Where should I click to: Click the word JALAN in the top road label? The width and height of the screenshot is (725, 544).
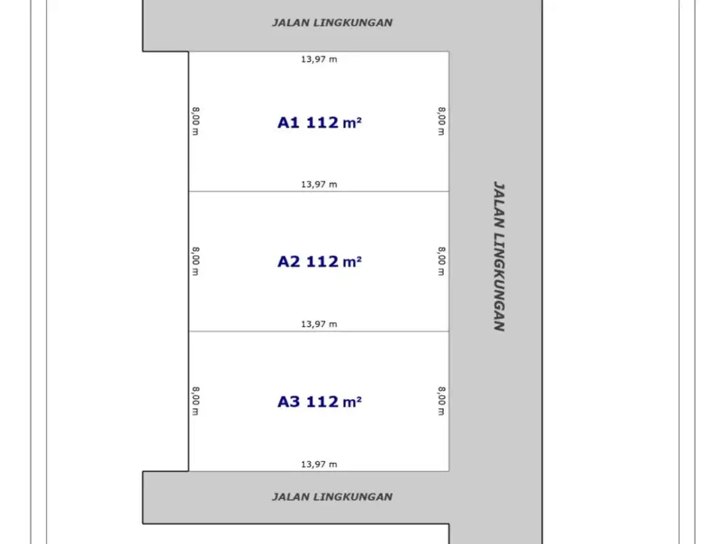(x=291, y=22)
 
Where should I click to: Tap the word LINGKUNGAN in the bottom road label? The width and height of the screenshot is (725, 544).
(x=353, y=497)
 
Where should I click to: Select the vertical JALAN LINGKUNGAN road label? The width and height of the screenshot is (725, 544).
(x=499, y=256)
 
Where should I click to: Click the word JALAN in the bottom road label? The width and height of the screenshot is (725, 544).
(x=291, y=497)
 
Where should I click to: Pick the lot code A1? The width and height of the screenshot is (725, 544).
(x=289, y=123)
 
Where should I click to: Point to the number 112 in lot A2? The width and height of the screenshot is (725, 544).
(x=323, y=262)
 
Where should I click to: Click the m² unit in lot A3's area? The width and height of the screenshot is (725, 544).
(x=352, y=402)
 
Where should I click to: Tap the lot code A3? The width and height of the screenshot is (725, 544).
(x=289, y=402)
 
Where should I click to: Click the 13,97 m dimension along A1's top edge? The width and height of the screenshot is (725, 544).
(x=319, y=59)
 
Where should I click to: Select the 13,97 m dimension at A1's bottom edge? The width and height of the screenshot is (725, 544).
(x=319, y=184)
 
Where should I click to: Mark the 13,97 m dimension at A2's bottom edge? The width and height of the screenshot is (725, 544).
(x=319, y=324)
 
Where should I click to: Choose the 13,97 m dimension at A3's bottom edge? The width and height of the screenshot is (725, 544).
(x=319, y=464)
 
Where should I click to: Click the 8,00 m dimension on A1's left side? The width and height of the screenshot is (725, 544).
(x=196, y=121)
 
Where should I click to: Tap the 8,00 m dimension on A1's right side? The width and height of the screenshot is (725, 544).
(x=442, y=121)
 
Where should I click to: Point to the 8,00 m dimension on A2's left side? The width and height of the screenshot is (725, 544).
(x=196, y=261)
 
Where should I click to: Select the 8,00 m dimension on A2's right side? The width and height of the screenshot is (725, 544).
(x=442, y=261)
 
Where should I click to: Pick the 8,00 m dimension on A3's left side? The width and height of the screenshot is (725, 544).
(x=196, y=401)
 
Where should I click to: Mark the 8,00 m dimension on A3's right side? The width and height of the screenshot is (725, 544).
(x=442, y=401)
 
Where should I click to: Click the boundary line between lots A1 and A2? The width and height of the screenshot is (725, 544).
(x=318, y=191)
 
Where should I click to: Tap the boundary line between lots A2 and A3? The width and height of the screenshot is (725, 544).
(x=318, y=331)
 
